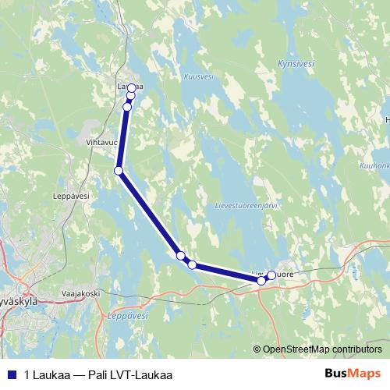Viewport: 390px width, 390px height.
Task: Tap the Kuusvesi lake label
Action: click(x=197, y=77)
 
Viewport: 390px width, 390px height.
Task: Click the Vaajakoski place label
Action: click(x=81, y=293)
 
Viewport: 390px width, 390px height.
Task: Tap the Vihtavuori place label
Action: click(x=101, y=144)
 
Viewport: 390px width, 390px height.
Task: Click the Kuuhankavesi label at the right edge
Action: click(x=375, y=165)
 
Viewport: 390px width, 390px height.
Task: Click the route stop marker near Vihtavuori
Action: click(x=119, y=170)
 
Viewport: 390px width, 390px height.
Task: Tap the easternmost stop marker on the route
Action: click(x=271, y=275)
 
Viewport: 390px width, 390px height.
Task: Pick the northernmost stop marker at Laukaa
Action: click(x=132, y=87)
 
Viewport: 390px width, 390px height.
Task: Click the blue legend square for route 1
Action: click(x=12, y=374)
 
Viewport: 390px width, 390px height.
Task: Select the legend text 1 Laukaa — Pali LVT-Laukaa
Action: click(x=98, y=374)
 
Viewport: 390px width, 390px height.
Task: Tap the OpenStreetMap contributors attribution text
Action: click(x=321, y=349)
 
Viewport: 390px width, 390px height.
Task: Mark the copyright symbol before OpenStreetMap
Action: click(x=257, y=349)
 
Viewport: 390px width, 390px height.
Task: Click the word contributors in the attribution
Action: click(x=357, y=349)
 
